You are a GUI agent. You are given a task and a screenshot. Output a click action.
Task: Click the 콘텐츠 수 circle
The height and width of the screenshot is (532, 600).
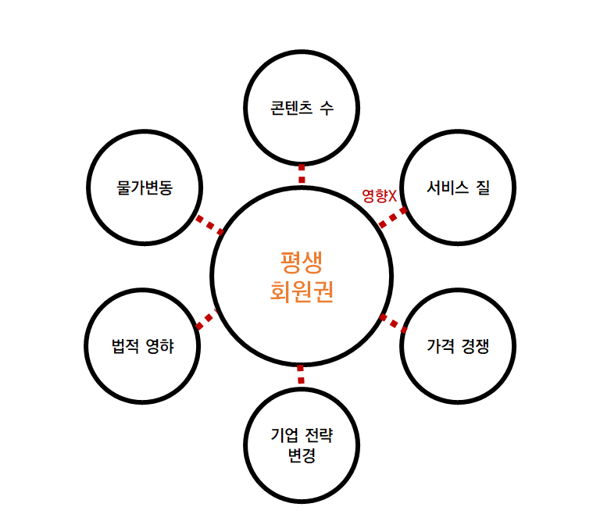pyautogui.click(x=302, y=107)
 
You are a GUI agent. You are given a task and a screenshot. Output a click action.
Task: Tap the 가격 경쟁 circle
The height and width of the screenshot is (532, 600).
pyautogui.click(x=458, y=346)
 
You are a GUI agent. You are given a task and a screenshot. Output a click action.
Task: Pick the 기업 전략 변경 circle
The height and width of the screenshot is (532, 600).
pyautogui.click(x=302, y=446)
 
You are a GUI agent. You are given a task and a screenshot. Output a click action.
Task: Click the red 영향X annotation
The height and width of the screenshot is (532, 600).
pyautogui.click(x=380, y=195)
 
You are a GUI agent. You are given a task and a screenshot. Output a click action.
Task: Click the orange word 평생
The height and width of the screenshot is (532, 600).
pyautogui.click(x=302, y=261)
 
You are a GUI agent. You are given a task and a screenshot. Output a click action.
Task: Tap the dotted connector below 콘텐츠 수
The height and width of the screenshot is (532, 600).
pyautogui.click(x=302, y=173)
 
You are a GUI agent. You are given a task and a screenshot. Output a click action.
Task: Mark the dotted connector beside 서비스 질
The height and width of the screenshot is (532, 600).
pyautogui.click(x=392, y=218)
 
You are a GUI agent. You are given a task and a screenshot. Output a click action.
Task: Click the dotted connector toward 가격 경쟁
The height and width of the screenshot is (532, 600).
pyautogui.click(x=392, y=322)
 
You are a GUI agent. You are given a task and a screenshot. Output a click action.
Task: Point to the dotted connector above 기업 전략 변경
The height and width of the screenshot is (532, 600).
pyautogui.click(x=302, y=375)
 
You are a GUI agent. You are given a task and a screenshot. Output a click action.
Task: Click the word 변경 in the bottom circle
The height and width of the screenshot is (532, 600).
pyautogui.click(x=302, y=455)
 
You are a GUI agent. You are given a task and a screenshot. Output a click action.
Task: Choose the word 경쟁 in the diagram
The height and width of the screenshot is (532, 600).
pyautogui.click(x=475, y=346)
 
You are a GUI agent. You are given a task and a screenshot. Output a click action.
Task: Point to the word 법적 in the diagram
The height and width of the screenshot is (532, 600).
pyautogui.click(x=125, y=346)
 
